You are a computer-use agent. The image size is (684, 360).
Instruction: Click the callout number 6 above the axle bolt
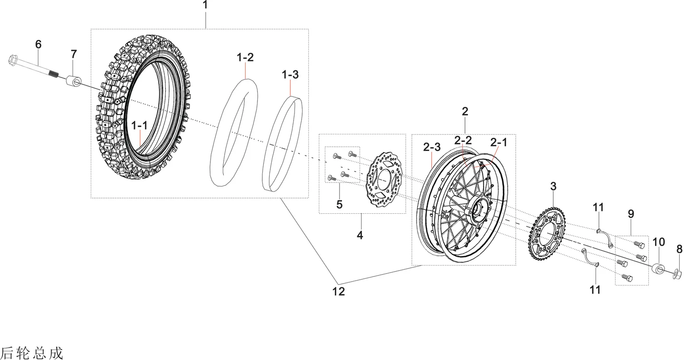38,45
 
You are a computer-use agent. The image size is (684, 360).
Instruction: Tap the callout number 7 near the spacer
74,54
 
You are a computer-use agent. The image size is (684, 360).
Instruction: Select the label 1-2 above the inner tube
245,57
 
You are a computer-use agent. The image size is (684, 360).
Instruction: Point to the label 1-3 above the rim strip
290,75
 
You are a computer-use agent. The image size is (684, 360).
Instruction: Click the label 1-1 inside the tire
140,125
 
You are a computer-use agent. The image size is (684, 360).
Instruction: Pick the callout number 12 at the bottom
338,292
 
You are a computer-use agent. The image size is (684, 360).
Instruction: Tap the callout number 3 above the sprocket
553,186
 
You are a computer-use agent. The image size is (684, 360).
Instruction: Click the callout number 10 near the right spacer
659,242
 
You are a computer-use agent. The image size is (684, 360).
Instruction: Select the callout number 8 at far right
679,249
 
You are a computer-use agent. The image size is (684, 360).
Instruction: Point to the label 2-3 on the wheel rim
432,147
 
